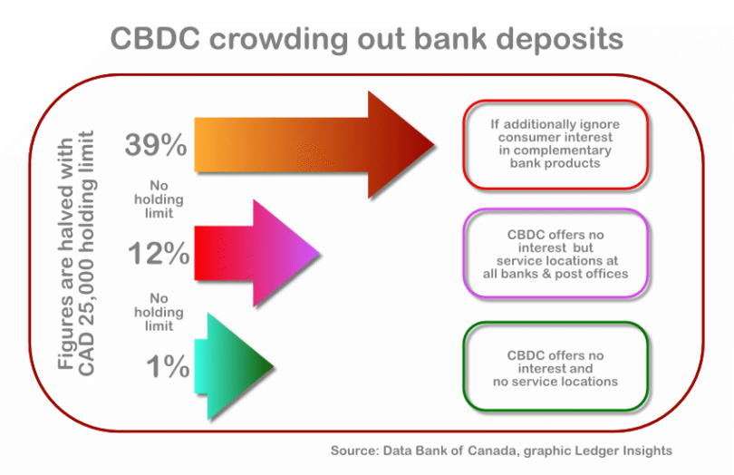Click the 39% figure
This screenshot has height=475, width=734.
[x=156, y=144]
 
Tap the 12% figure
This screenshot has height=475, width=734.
[x=159, y=253]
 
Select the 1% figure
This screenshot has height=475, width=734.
[x=168, y=366]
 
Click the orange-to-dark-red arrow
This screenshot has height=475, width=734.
[x=314, y=145]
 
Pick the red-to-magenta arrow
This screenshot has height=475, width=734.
[x=256, y=253]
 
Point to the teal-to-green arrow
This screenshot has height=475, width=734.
[x=234, y=366]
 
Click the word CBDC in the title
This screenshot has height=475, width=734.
[x=155, y=38]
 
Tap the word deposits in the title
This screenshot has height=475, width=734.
[x=559, y=40]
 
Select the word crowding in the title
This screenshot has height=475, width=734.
[x=278, y=40]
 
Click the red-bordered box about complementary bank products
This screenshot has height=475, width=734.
[x=555, y=144]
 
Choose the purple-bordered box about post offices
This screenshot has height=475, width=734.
[x=555, y=254]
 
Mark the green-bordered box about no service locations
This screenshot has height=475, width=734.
[x=555, y=366]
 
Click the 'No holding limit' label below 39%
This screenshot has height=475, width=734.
[x=159, y=199]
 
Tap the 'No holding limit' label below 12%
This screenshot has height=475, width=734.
[x=159, y=312]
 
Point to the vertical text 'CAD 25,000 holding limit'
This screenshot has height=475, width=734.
[x=86, y=254]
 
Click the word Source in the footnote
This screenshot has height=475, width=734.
[x=355, y=451]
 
